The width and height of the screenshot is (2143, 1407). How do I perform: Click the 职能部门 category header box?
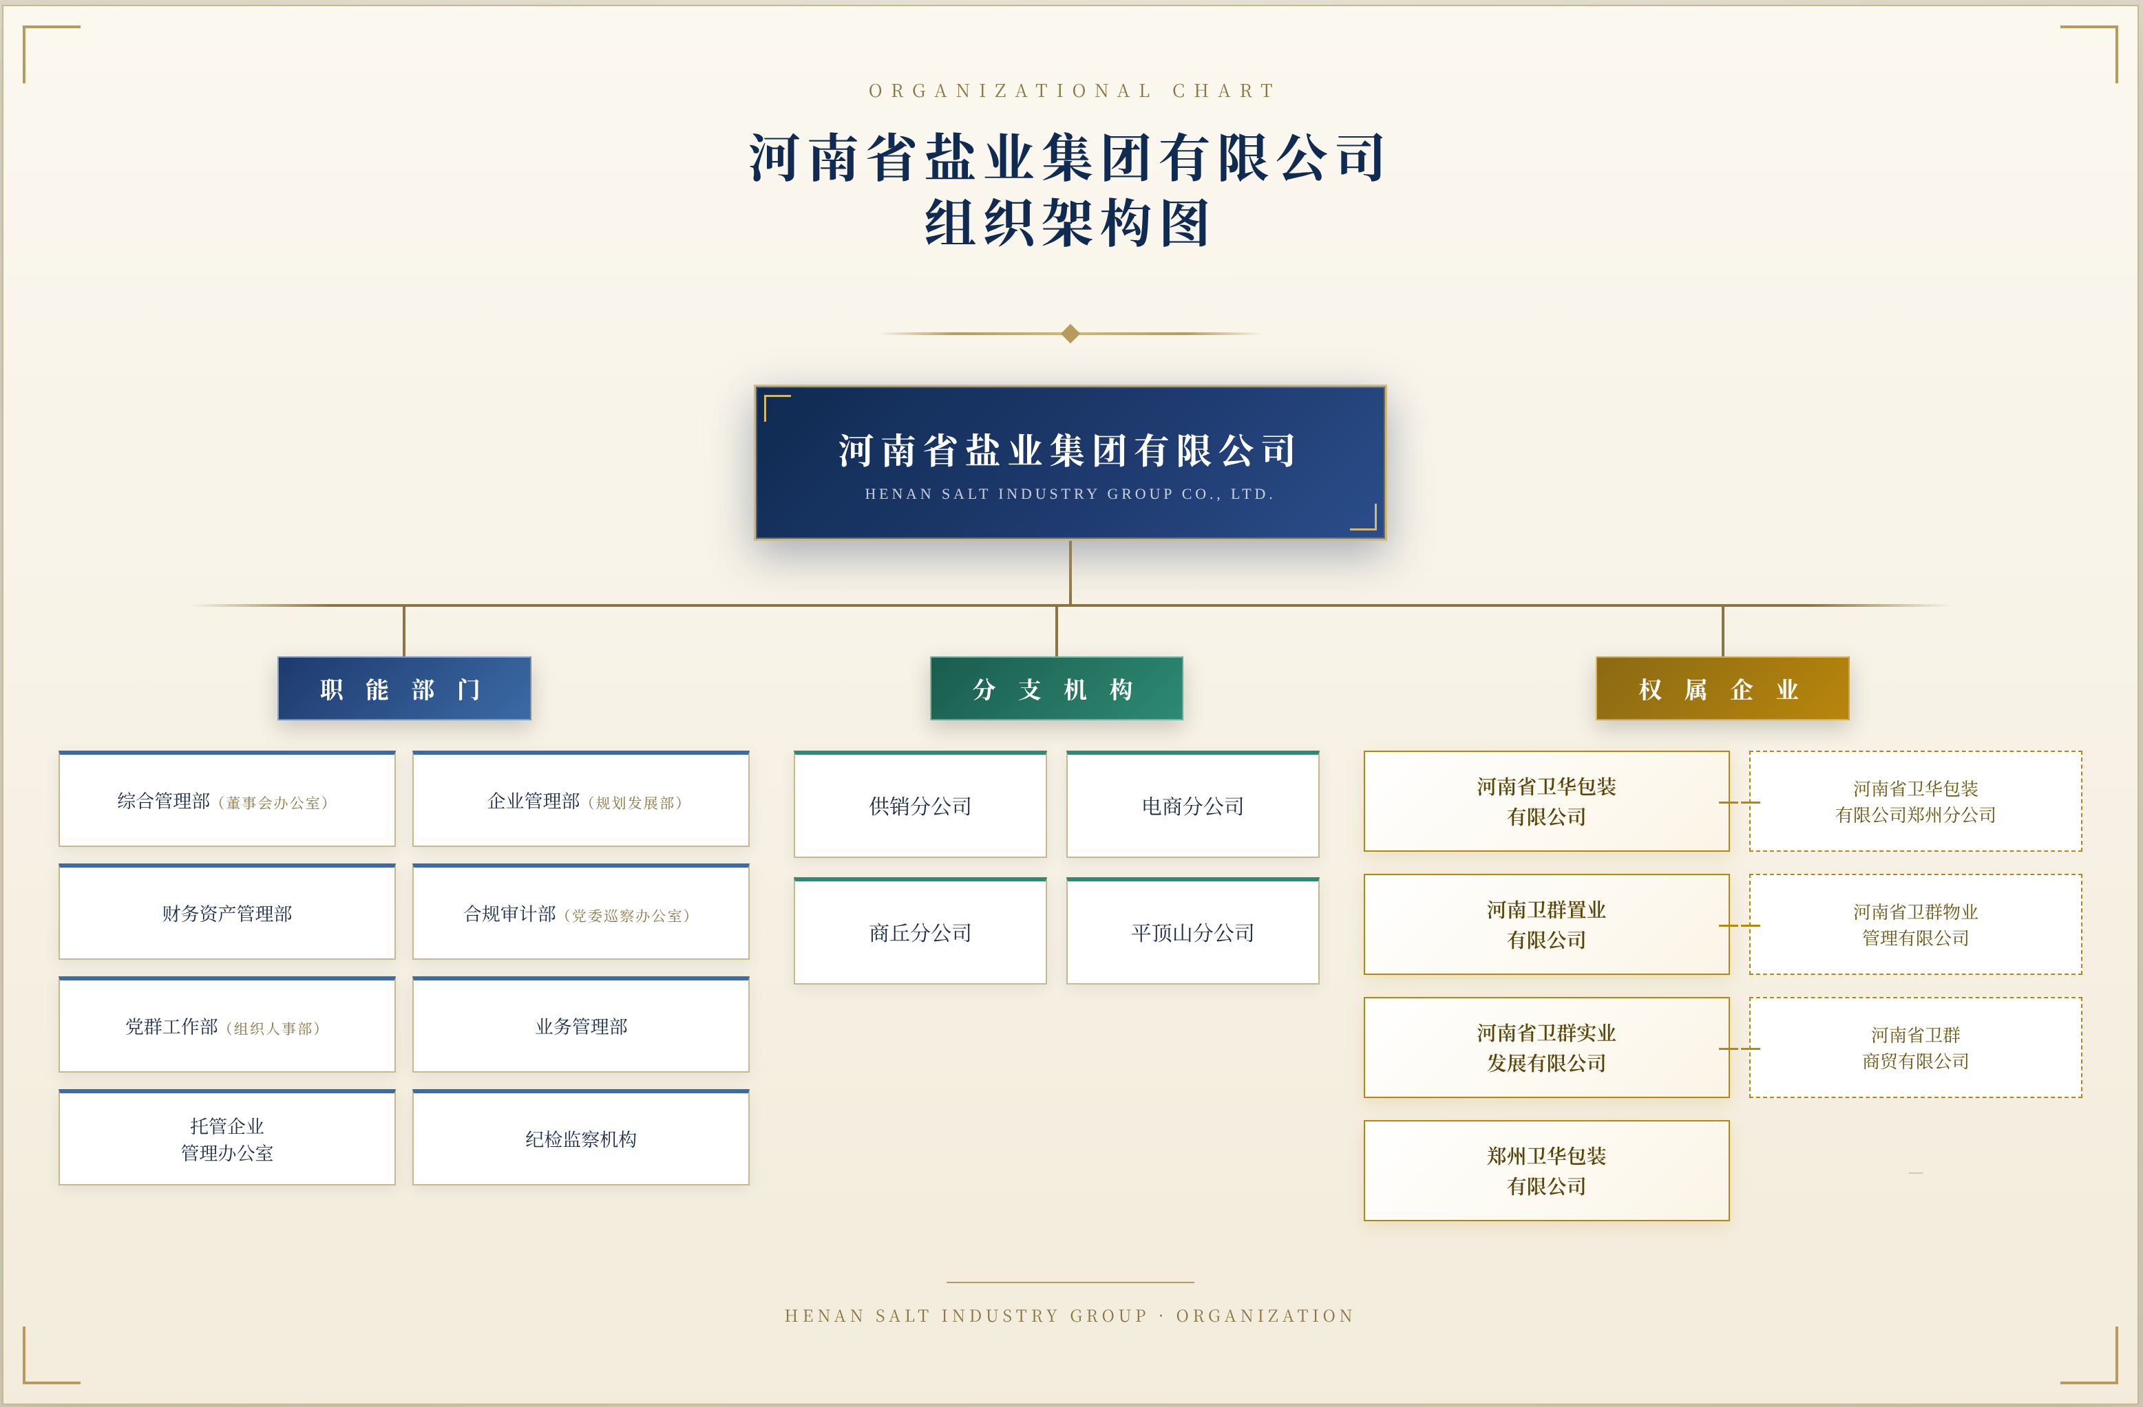click(x=404, y=689)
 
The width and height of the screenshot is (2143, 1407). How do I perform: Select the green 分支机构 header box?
click(x=1056, y=689)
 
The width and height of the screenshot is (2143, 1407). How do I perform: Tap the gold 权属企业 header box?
click(x=1722, y=689)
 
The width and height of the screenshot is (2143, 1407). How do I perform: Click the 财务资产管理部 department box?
click(x=227, y=912)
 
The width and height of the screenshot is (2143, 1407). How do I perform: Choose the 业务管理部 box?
click(x=581, y=1024)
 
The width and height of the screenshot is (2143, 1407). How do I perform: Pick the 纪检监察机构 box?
click(x=581, y=1138)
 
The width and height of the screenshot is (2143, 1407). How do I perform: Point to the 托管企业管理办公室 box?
click(x=227, y=1138)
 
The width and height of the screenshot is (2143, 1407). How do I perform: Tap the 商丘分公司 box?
click(x=920, y=932)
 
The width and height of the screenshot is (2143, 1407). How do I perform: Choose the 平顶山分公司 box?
click(x=1193, y=932)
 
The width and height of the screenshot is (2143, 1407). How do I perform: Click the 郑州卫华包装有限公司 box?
click(x=1547, y=1170)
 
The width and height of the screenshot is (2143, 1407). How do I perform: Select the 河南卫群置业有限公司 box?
click(x=1547, y=925)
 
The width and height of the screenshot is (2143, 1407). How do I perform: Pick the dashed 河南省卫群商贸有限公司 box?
click(x=1916, y=1047)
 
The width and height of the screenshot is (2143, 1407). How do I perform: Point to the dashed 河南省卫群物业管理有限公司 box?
click(x=1916, y=925)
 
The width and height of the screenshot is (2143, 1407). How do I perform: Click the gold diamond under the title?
click(x=1070, y=334)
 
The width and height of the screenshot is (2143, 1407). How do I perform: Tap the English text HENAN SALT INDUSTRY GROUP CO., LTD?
click(x=1070, y=494)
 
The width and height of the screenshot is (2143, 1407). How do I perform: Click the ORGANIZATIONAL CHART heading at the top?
click(x=1071, y=91)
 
